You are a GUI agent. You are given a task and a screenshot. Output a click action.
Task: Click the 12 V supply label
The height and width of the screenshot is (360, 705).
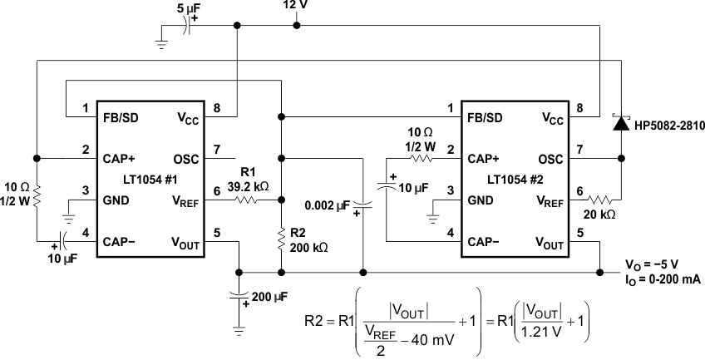click(x=297, y=7)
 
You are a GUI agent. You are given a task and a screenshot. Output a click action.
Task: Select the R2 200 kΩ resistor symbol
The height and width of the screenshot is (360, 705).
click(x=283, y=242)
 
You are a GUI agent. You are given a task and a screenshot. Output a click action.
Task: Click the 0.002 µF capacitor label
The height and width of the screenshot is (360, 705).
click(x=328, y=204)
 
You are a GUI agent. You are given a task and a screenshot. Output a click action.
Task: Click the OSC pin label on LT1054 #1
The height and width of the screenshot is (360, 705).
click(x=186, y=158)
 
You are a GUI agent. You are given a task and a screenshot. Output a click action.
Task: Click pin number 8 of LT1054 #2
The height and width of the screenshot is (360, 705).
click(x=579, y=108)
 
